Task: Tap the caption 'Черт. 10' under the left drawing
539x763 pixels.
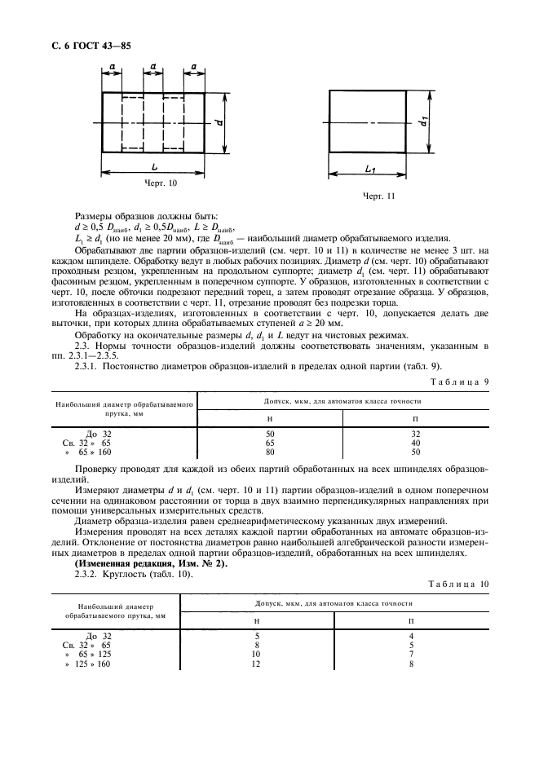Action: [160, 183]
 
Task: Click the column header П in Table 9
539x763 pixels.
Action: [414, 417]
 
